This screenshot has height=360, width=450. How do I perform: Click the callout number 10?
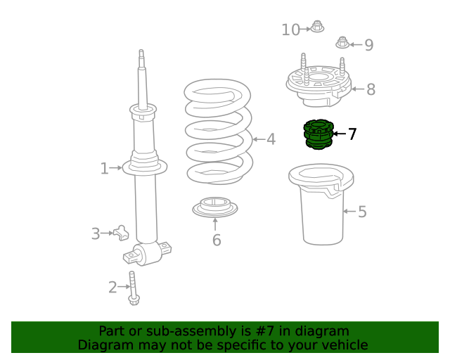[x=290, y=30]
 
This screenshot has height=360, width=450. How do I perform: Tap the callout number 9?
[x=369, y=45]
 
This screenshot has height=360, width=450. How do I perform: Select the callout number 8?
[x=371, y=89]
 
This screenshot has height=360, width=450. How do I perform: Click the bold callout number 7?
[x=352, y=134]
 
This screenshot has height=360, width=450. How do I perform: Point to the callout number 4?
[x=271, y=139]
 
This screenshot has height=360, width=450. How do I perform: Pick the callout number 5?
[x=362, y=212]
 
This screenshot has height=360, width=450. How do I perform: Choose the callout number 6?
[x=217, y=240]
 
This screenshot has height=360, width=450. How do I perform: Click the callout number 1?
[x=105, y=169]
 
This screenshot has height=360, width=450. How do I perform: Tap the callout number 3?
[x=96, y=233]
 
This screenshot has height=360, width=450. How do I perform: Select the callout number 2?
[x=112, y=287]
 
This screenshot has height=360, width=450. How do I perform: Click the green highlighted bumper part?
[x=319, y=134]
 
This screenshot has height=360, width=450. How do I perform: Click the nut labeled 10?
[x=317, y=27]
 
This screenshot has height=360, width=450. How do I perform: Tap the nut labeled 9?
[x=342, y=42]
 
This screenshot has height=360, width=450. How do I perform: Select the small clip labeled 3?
[x=121, y=233]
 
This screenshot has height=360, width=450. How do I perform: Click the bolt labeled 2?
[x=133, y=288]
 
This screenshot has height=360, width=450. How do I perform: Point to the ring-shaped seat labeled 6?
[x=215, y=207]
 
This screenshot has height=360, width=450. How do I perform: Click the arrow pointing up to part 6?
[x=215, y=224]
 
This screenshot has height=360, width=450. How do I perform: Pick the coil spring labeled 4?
[x=219, y=131]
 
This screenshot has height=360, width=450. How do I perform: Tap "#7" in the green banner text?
[x=265, y=331]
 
